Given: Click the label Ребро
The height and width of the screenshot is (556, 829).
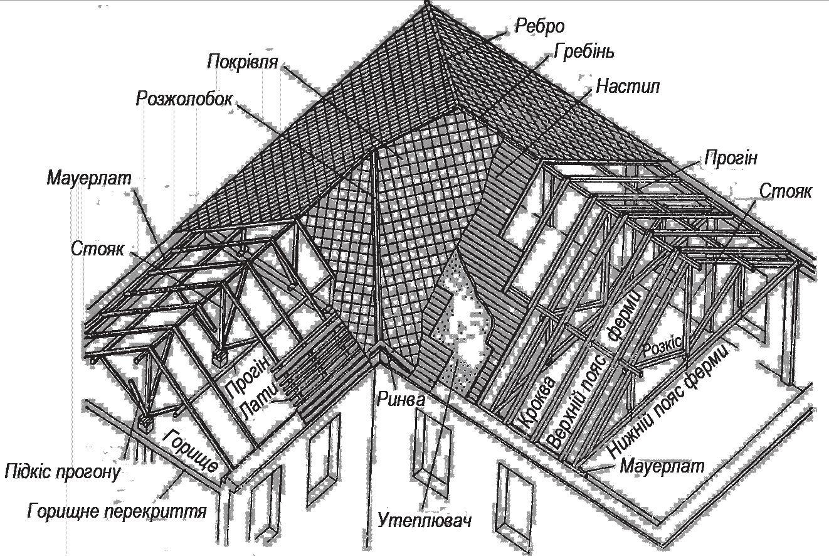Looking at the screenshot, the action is pos(539,26).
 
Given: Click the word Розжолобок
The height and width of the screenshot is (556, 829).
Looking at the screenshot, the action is pos(184,100).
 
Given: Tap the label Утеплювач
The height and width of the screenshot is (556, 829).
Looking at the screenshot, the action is pos(425,520).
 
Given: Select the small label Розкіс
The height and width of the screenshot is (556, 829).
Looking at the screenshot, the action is pos(665,345).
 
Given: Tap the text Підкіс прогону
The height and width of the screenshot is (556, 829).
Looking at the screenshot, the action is pos(61,471).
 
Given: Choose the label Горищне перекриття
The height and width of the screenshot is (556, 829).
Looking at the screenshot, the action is pos(117,511).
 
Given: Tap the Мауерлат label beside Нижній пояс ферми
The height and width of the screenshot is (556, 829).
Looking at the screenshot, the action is pos(662,466).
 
